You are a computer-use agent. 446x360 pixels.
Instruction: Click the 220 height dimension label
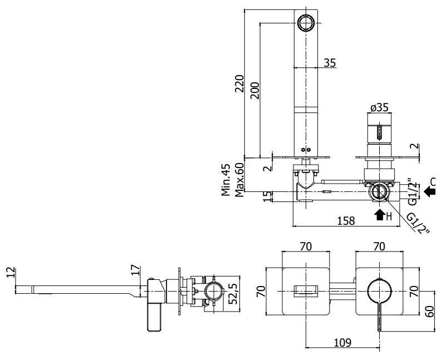click(239, 83)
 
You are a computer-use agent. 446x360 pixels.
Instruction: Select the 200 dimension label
click(255, 90)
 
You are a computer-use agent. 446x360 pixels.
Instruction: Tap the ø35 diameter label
click(379, 108)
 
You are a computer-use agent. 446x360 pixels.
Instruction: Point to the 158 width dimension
click(346, 220)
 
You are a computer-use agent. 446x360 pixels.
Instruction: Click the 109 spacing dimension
click(342, 342)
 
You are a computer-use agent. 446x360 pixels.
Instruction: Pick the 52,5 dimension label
click(233, 294)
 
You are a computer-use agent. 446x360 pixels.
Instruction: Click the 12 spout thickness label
click(10, 272)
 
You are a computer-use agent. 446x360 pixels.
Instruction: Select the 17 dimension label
click(136, 270)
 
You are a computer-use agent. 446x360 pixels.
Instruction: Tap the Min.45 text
click(226, 180)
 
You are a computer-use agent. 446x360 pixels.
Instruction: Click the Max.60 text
click(239, 180)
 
